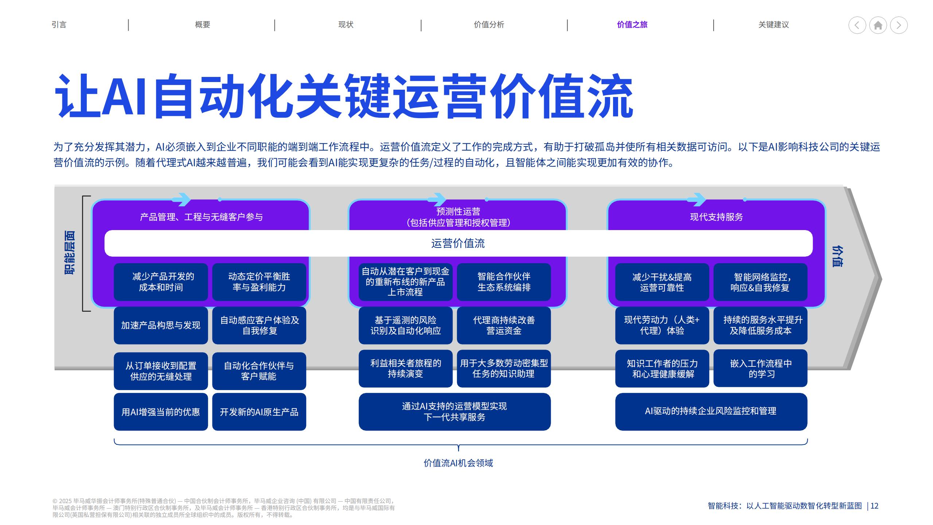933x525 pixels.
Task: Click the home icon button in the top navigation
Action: pyautogui.click(x=878, y=25)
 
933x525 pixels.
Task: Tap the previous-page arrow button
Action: pyautogui.click(x=857, y=25)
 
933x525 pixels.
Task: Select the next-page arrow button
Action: pyautogui.click(x=899, y=25)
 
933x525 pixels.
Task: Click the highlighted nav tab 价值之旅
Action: pyautogui.click(x=632, y=24)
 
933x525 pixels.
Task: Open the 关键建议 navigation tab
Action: pyautogui.click(x=773, y=24)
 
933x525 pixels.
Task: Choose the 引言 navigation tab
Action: pyautogui.click(x=59, y=24)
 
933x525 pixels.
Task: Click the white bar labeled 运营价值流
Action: pyautogui.click(x=458, y=243)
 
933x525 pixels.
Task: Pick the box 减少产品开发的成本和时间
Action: pyautogui.click(x=161, y=282)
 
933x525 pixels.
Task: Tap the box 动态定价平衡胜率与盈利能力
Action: pyautogui.click(x=259, y=282)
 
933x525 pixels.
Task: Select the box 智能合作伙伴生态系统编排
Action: pyautogui.click(x=504, y=282)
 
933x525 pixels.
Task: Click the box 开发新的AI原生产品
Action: pyautogui.click(x=259, y=412)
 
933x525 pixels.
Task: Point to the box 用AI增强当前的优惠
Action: pyautogui.click(x=161, y=412)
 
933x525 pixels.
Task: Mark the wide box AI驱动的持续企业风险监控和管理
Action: pyautogui.click(x=711, y=411)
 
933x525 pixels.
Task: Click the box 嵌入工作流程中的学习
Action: pyautogui.click(x=761, y=369)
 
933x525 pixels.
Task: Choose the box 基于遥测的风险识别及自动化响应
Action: pyautogui.click(x=405, y=325)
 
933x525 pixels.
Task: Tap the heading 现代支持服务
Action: pyautogui.click(x=717, y=217)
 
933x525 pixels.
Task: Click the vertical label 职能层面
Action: pyautogui.click(x=69, y=252)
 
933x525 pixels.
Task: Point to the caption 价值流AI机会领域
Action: pyautogui.click(x=458, y=463)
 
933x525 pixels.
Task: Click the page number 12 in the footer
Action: pyautogui.click(x=874, y=506)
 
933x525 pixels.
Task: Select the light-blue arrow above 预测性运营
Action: pyautogui.click(x=437, y=199)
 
